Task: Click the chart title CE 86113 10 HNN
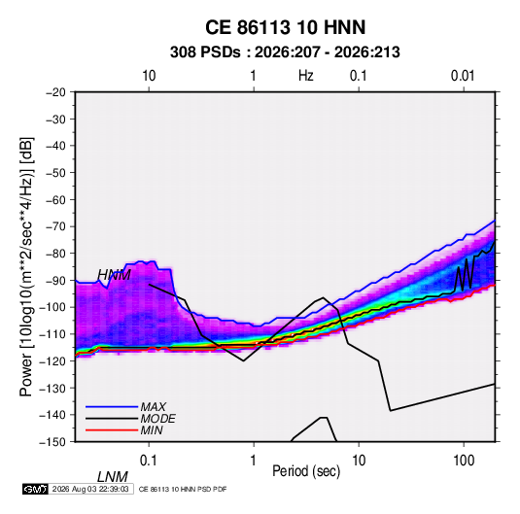tap(285, 27)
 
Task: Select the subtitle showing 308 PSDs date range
tap(285, 52)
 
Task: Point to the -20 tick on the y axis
tap(55, 92)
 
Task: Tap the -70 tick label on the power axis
tap(55, 226)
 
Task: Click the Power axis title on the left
tap(26, 266)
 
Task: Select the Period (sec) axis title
tap(306, 471)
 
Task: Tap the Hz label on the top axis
tap(306, 76)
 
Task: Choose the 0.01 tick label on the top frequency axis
tap(463, 76)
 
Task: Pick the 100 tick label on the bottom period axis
tap(464, 460)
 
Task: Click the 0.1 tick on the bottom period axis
tap(148, 460)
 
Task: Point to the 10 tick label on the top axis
tap(149, 76)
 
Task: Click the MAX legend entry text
tap(154, 406)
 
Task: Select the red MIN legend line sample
tap(112, 430)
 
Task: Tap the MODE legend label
tap(157, 419)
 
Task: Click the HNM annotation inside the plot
tap(114, 275)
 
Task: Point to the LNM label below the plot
tap(113, 477)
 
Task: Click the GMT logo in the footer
tap(35, 489)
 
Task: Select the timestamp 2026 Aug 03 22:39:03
tap(90, 489)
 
